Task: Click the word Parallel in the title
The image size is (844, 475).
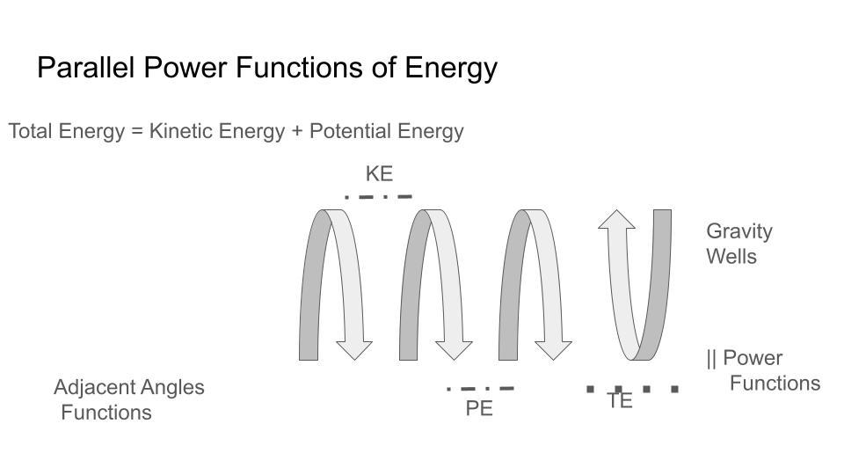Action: pyautogui.click(x=83, y=68)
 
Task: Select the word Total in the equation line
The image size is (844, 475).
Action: pyautogui.click(x=30, y=132)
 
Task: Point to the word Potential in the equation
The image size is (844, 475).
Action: pyautogui.click(x=350, y=132)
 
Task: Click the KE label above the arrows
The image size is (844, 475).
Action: pyautogui.click(x=379, y=174)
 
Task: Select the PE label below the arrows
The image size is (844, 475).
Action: pyautogui.click(x=479, y=408)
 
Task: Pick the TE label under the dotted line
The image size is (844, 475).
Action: pyautogui.click(x=620, y=401)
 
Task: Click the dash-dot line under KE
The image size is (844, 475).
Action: pyautogui.click(x=379, y=196)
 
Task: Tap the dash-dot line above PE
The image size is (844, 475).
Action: pyautogui.click(x=480, y=388)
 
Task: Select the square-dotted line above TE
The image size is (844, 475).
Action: pyautogui.click(x=632, y=388)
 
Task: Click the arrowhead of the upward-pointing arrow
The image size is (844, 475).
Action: pyautogui.click(x=617, y=220)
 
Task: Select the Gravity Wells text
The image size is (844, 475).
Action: pyautogui.click(x=738, y=244)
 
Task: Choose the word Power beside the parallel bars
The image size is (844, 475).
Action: pyautogui.click(x=753, y=358)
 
